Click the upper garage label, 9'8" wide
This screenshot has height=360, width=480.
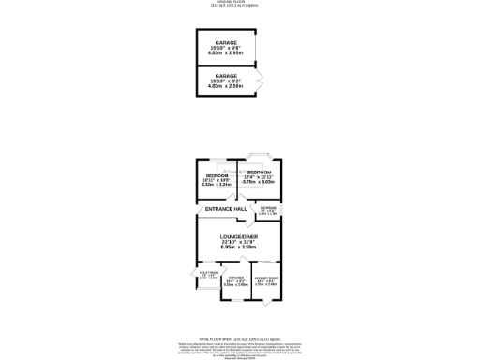(225, 43)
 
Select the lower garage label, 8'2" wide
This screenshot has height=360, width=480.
(225, 74)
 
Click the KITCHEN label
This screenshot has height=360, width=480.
(235, 277)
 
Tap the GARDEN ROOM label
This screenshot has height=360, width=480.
(267, 277)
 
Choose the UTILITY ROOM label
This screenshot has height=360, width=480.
(209, 274)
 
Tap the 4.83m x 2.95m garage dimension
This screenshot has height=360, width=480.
(225, 54)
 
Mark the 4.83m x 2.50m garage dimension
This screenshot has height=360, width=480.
(225, 85)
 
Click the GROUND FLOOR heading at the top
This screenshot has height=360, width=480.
(241, 3)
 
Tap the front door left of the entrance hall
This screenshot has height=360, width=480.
(196, 211)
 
